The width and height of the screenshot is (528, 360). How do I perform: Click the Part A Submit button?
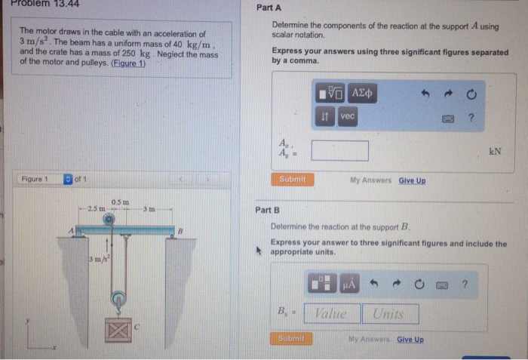coord(293,180)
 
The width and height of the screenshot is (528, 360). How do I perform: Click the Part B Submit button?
coord(290,339)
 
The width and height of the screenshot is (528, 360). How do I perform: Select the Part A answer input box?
coord(339,150)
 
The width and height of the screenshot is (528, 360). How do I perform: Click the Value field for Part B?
coord(330,313)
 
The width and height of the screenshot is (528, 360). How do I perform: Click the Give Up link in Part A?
coord(412,180)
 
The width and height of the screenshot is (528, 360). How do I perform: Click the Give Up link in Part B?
coord(410,340)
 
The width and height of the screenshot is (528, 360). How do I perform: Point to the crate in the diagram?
coord(117,330)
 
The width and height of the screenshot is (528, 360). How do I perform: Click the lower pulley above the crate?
coord(117,300)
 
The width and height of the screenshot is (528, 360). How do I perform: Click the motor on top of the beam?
coord(109,220)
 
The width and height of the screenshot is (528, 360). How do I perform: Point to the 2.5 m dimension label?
coord(95,208)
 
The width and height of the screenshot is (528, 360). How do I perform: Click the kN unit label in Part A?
coord(496,150)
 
